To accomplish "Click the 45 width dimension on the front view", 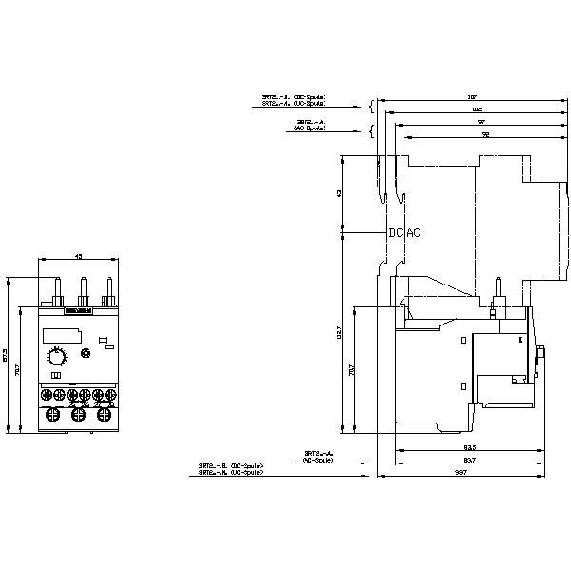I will tap(79, 256).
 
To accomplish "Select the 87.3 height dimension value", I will tap(6, 354).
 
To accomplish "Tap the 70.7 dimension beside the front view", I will tap(21, 368).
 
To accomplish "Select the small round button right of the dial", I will tap(88, 354).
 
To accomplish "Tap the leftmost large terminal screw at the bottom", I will tap(51, 415).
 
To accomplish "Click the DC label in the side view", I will tap(395, 233).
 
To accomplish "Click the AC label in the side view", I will tap(413, 233).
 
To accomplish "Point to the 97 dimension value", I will tap(482, 123).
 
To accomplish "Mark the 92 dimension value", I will tap(485, 136).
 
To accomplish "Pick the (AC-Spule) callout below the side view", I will tap(317, 459).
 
